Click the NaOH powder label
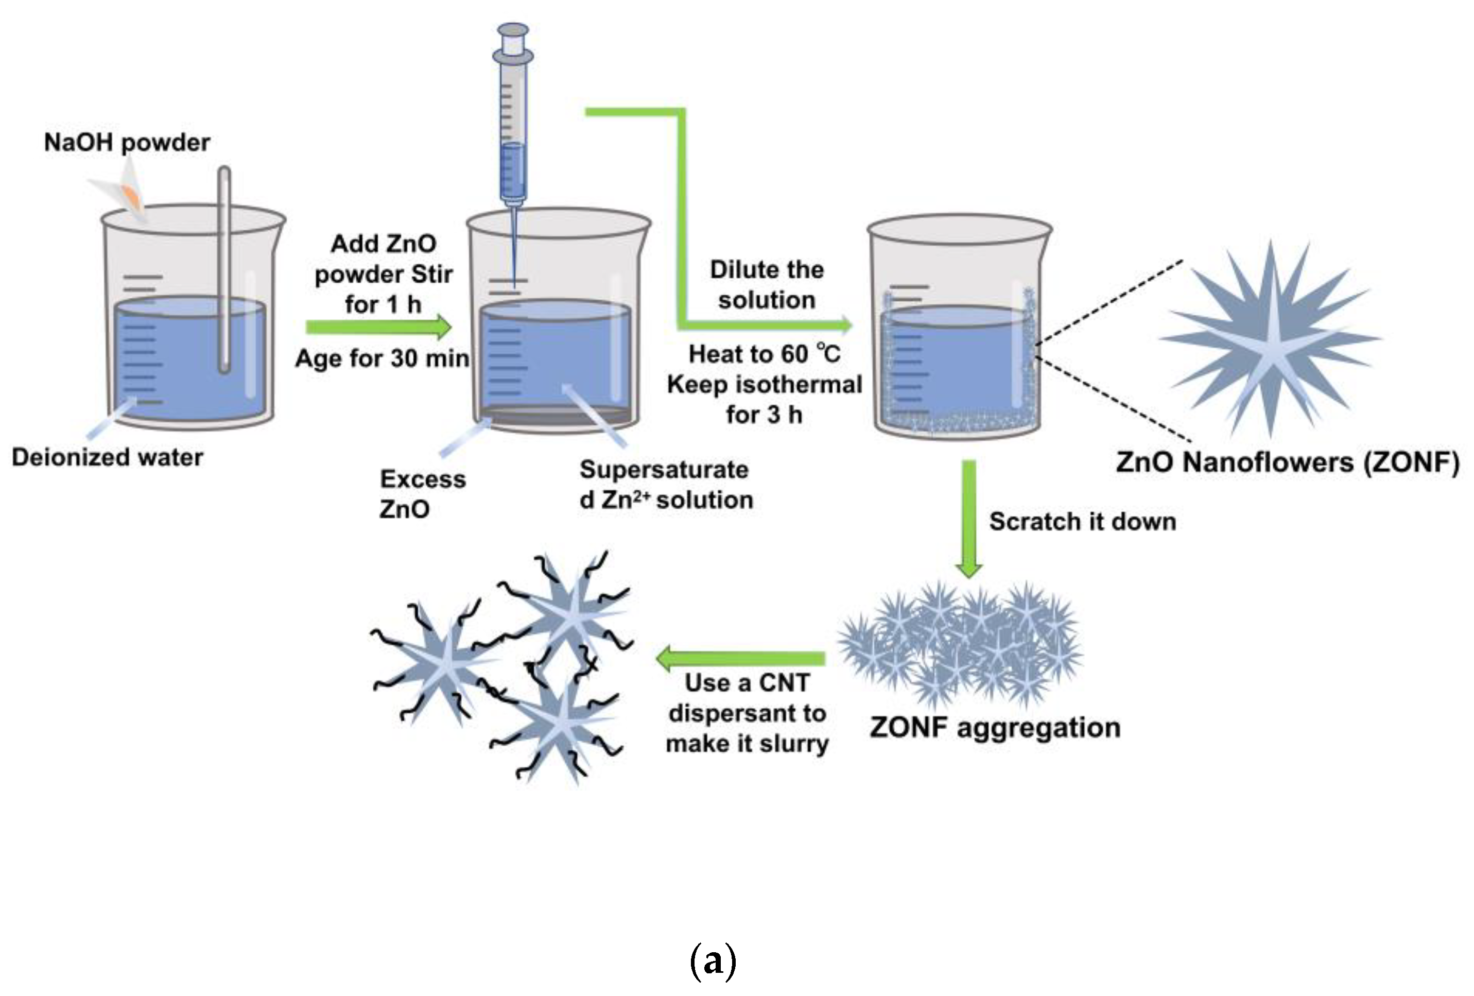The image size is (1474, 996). click(x=127, y=143)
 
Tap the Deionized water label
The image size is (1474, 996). click(x=107, y=457)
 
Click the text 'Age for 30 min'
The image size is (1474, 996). click(x=382, y=359)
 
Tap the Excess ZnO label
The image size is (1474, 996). click(x=422, y=493)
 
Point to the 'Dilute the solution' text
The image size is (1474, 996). click(x=766, y=285)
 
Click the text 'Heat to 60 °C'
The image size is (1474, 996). click(x=764, y=354)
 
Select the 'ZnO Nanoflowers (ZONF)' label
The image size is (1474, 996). click(x=1288, y=462)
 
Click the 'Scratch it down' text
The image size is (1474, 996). click(x=1083, y=522)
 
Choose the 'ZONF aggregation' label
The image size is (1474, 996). click(x=995, y=728)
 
